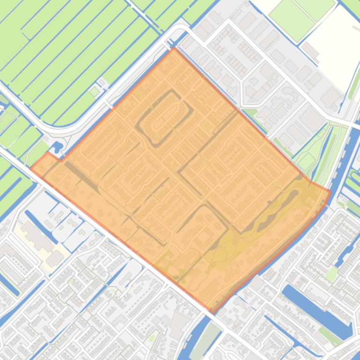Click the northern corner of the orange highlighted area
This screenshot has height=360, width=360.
tap(174, 48)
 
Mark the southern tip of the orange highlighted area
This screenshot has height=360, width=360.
tap(212, 312)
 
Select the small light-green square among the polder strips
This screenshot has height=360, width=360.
tap(95, 92)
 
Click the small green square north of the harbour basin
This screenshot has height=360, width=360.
tap(331, 274)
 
